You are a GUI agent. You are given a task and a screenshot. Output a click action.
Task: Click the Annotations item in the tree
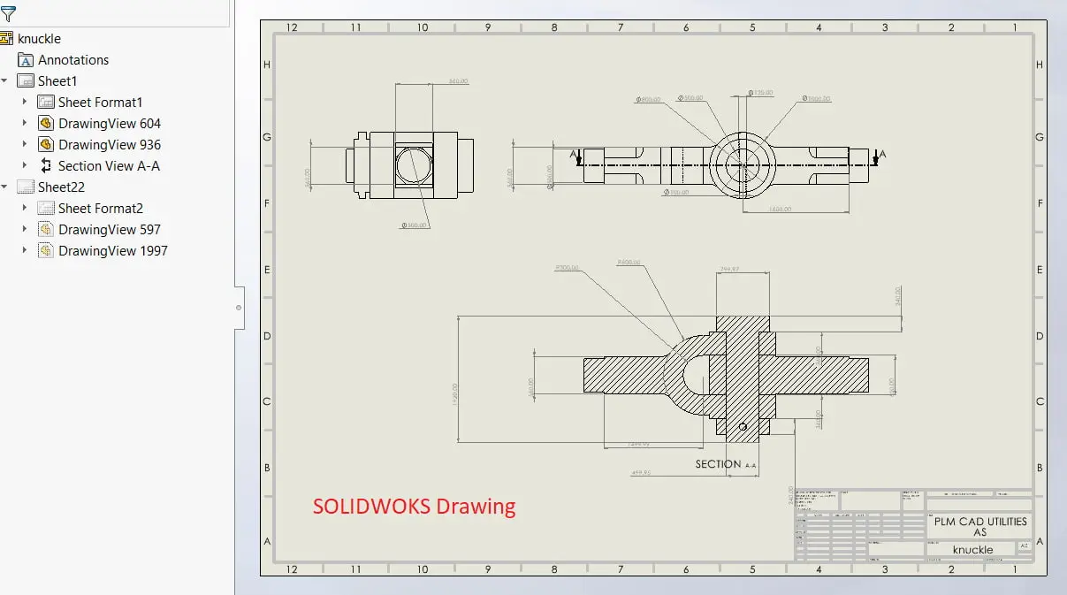[72, 60]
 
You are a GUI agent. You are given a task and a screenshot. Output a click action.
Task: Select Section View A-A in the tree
[108, 166]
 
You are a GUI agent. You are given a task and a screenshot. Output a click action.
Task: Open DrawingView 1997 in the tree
[112, 251]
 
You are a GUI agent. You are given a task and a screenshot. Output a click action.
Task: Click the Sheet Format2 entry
[100, 209]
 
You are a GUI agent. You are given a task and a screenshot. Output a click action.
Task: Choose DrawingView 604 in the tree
[109, 124]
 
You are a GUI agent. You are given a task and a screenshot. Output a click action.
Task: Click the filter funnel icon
[8, 13]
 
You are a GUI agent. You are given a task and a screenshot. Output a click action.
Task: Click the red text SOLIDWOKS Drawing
[414, 507]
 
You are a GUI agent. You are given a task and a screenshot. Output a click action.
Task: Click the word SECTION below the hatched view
[718, 464]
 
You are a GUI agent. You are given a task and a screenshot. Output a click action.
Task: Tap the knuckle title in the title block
[972, 550]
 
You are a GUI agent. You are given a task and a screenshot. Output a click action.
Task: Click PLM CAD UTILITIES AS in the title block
[979, 527]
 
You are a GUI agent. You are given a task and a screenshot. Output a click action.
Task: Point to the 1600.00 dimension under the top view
[779, 210]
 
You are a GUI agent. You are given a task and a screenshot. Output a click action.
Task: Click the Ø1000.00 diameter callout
[816, 99]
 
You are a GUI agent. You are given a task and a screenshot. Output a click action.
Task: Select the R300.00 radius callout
[566, 267]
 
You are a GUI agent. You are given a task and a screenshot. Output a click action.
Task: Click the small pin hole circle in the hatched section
[743, 428]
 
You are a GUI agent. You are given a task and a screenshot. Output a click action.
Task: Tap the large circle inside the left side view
[413, 164]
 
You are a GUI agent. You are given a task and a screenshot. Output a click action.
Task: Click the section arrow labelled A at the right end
[876, 156]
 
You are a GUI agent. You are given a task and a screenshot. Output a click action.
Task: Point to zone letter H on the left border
[267, 65]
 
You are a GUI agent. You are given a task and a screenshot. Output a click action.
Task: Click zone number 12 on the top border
[292, 27]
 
